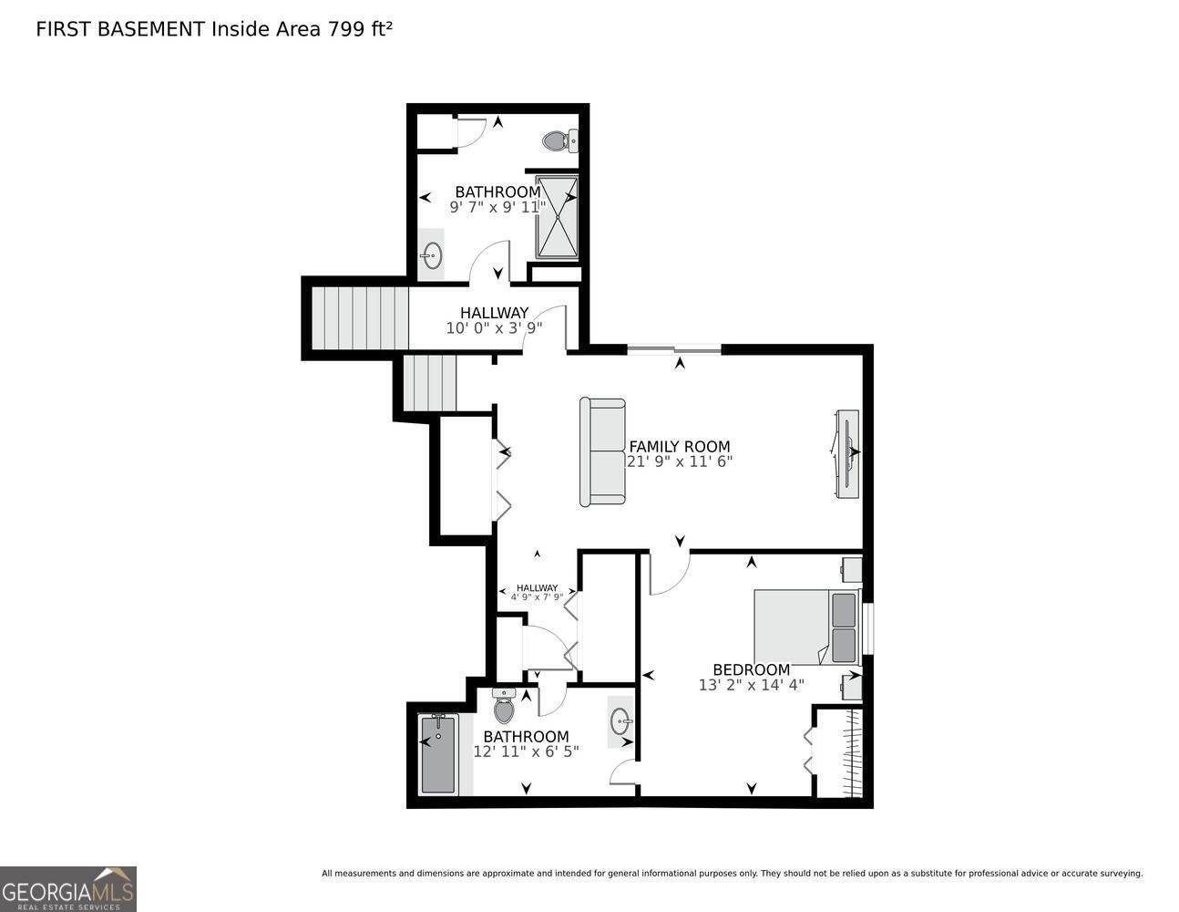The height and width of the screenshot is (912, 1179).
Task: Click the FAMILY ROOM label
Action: (679, 446)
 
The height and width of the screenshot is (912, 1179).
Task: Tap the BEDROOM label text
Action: (751, 669)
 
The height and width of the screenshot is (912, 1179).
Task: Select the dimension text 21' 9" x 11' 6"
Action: (679, 461)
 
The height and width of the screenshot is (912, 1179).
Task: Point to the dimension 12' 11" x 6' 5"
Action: (526, 751)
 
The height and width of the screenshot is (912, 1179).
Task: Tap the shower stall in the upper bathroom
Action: (556, 216)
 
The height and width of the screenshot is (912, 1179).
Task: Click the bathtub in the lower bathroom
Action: (438, 754)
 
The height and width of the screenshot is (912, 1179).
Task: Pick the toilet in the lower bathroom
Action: (504, 707)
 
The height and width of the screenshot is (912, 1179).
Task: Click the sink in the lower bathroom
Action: (621, 721)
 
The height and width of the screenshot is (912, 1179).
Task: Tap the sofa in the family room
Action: (602, 451)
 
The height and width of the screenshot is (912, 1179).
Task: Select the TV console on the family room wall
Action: (846, 453)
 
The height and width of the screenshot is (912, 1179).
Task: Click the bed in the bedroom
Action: (805, 627)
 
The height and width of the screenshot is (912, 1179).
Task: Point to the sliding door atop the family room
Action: (674, 348)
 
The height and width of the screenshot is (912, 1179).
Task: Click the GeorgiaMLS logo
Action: (68, 888)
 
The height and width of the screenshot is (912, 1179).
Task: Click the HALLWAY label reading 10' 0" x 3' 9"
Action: (494, 313)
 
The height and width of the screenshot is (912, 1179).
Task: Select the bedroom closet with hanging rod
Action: (839, 752)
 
